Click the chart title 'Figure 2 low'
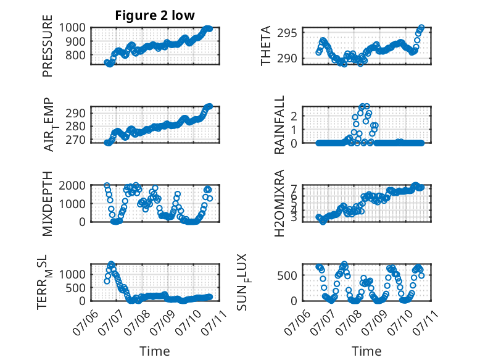155,15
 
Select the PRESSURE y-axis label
48,46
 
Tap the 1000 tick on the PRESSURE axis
72,28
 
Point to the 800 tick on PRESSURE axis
76,56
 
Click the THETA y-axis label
266,46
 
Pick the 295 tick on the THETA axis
287,33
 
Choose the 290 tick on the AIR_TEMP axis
76,114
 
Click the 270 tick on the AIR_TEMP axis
76,140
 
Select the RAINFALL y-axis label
279,125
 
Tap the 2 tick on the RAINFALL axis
294,116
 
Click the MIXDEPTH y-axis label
48,203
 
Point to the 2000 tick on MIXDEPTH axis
72,185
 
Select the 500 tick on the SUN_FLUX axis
287,275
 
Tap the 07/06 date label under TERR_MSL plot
86,322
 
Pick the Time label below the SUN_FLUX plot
366,351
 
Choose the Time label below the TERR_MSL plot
155,351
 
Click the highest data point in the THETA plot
421,28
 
